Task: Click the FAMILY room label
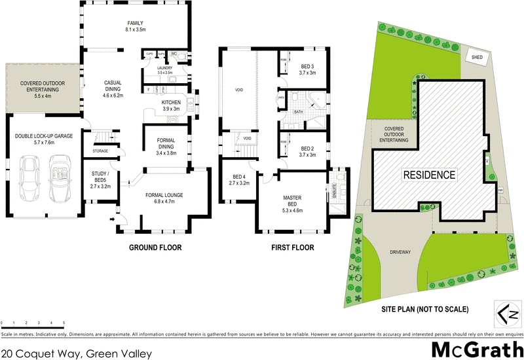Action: [x=135, y=26]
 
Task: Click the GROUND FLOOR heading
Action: [x=155, y=248]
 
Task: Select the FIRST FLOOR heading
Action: [x=292, y=248]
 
